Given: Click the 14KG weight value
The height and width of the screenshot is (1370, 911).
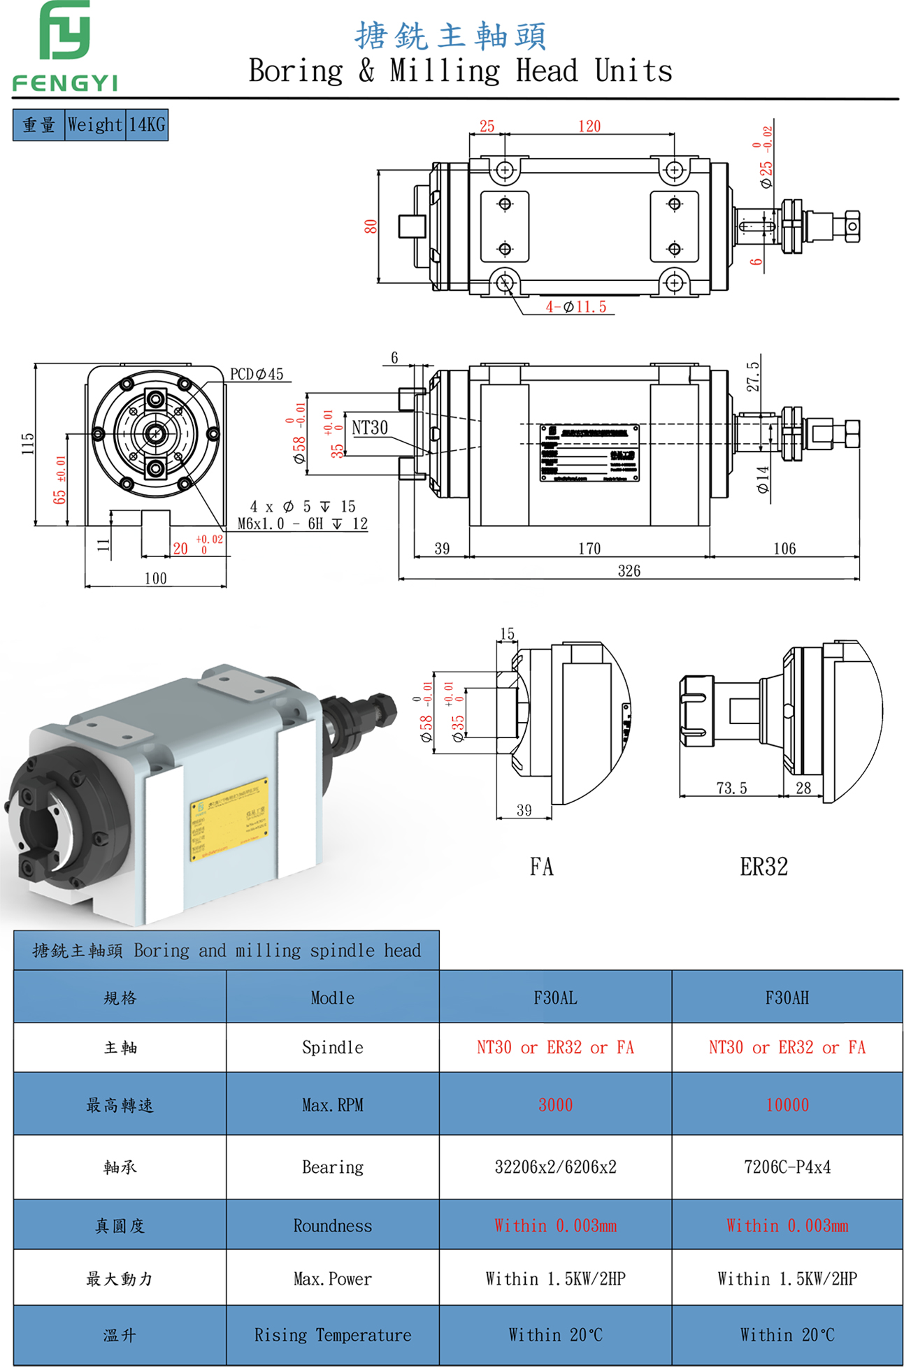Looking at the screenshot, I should tap(147, 125).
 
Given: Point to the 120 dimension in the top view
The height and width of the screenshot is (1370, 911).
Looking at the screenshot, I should tap(589, 127).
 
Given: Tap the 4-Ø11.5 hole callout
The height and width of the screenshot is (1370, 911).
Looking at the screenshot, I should tap(576, 307).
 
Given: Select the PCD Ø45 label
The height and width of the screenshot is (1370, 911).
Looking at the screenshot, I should tap(257, 375).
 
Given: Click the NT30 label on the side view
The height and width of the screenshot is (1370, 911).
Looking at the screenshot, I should tap(369, 428).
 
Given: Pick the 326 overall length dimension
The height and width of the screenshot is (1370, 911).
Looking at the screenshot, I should tap(629, 571).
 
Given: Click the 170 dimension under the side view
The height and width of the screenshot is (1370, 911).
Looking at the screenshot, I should tap(589, 549).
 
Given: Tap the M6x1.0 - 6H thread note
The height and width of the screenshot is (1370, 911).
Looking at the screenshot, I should tap(302, 524).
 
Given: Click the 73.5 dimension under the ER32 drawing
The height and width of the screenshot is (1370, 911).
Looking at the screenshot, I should tap(731, 788).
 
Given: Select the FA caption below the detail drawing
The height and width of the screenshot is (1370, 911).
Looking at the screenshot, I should tap(541, 867).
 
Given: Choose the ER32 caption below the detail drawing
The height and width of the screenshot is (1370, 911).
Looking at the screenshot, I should tap(763, 867).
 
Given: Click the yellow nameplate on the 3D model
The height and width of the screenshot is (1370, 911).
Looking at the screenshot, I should tap(229, 819).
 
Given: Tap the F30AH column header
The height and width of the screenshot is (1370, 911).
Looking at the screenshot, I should tap(787, 998).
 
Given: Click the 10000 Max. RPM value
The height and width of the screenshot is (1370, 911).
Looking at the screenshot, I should tap(787, 1105).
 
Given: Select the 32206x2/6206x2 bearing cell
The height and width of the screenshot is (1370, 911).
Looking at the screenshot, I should tap(555, 1167).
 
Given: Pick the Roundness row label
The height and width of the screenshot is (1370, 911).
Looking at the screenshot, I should tap(332, 1226).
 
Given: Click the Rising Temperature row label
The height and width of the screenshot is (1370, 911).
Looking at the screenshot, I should tap(332, 1335).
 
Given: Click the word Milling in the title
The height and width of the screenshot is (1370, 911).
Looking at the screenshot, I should tap(445, 71).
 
